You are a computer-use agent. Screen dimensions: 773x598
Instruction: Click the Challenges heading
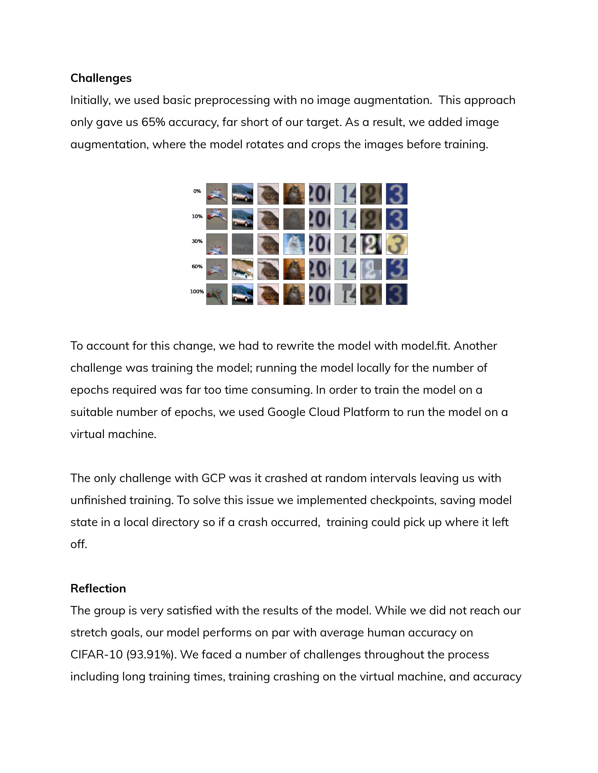101,78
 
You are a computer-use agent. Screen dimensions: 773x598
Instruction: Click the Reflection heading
98,588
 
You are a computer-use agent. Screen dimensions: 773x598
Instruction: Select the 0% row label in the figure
197,191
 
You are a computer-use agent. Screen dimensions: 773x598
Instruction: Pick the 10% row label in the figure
197,216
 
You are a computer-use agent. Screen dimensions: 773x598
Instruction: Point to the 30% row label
197,241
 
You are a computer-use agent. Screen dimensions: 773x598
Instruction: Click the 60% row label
197,267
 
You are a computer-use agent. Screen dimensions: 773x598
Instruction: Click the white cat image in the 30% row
294,244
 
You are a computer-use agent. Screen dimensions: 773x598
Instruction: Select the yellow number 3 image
396,244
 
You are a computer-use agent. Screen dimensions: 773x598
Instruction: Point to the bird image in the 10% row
268,219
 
